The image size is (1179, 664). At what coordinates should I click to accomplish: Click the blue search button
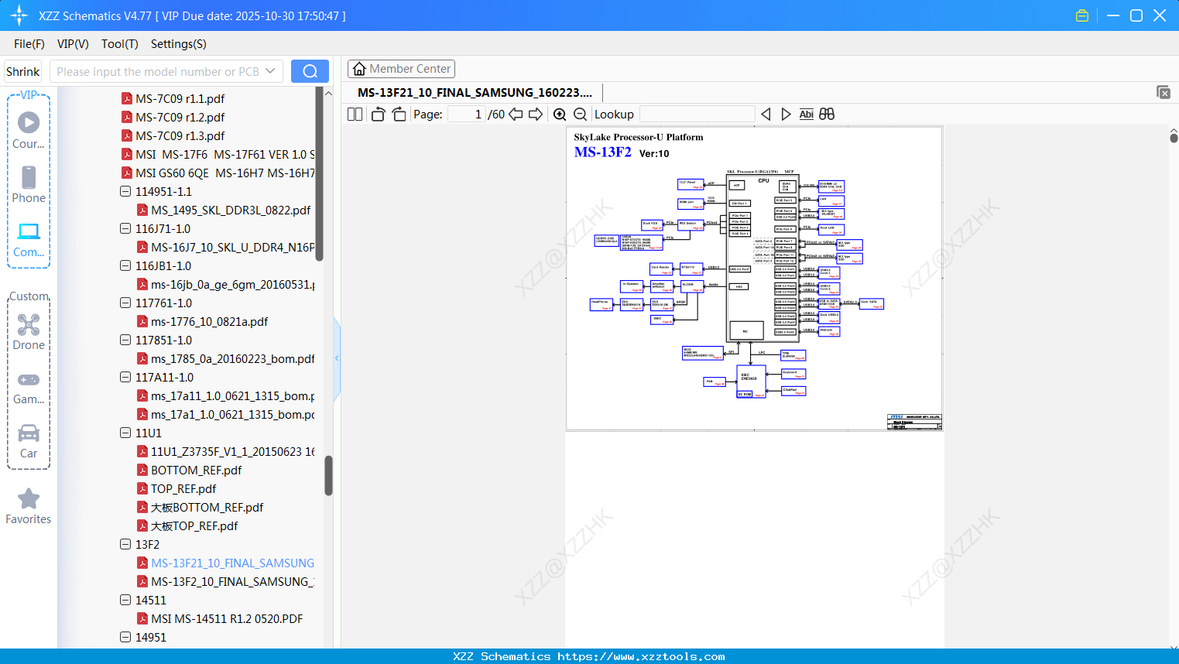click(310, 71)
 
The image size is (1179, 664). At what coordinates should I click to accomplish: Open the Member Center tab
click(401, 69)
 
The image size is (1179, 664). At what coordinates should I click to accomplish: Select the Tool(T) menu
click(119, 44)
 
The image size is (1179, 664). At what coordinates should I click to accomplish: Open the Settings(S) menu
click(178, 44)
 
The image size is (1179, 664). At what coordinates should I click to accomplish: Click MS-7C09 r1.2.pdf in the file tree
click(180, 118)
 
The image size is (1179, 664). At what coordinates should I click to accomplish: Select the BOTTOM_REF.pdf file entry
click(196, 471)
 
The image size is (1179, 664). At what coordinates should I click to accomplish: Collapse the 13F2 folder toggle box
click(125, 544)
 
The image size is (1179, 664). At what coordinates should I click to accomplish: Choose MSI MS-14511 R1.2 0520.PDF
click(227, 619)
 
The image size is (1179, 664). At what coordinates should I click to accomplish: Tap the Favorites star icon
click(29, 499)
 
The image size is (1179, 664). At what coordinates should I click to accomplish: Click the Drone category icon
click(29, 326)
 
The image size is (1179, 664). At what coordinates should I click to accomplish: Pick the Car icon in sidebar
click(29, 434)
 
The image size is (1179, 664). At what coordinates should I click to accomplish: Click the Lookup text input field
click(697, 115)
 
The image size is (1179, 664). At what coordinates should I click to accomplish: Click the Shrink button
click(22, 72)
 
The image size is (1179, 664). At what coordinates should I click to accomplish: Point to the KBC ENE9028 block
click(750, 378)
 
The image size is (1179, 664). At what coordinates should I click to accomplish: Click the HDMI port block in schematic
click(691, 204)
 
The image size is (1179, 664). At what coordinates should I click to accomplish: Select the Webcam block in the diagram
click(829, 332)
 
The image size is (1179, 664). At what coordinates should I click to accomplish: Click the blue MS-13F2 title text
click(602, 152)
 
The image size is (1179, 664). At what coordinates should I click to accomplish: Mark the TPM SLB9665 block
click(793, 356)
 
